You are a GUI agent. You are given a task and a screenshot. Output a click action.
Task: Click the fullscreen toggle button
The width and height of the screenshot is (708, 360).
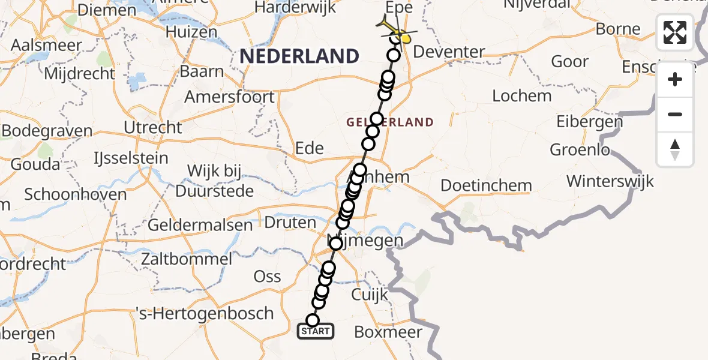[675, 32]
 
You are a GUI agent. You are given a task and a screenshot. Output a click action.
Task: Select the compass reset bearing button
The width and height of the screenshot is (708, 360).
[675, 149]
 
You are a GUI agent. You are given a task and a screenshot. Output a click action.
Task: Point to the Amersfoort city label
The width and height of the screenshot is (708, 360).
[229, 97]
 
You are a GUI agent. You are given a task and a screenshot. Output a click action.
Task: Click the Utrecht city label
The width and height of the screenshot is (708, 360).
[152, 127]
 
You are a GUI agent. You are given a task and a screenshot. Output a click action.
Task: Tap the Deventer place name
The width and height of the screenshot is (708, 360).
[449, 52]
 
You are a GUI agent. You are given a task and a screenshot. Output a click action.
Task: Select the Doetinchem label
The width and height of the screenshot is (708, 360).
[486, 185]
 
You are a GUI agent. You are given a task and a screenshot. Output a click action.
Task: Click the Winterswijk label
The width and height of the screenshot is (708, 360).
[610, 181]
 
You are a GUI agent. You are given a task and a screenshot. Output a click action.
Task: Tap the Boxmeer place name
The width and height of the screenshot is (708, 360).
[388, 332]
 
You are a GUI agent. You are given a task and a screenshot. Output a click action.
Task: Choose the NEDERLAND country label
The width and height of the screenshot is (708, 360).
[299, 57]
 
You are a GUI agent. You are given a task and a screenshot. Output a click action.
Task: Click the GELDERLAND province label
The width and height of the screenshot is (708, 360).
[390, 122]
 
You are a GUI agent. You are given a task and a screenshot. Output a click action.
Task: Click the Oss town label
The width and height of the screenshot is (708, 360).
[268, 276]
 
